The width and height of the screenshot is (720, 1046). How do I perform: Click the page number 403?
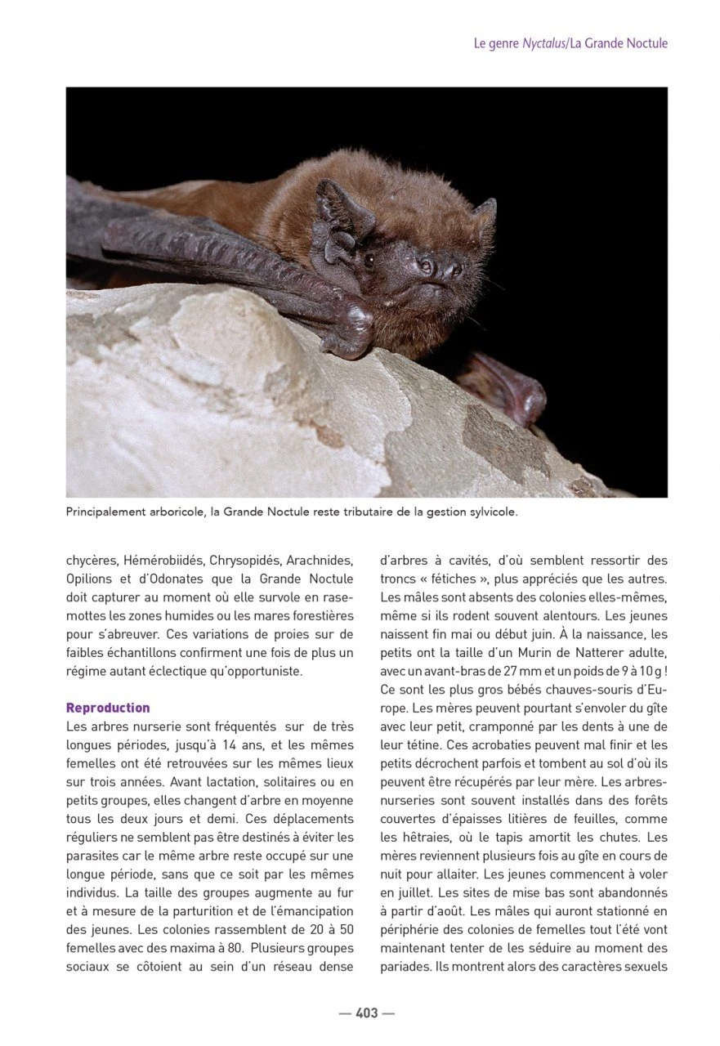click(366, 1013)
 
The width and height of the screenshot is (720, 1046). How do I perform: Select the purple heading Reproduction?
click(108, 708)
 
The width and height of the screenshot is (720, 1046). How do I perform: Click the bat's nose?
click(445, 267)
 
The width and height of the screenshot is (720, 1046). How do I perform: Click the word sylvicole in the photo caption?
click(491, 513)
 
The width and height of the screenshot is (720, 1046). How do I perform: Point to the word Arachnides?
click(320, 561)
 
